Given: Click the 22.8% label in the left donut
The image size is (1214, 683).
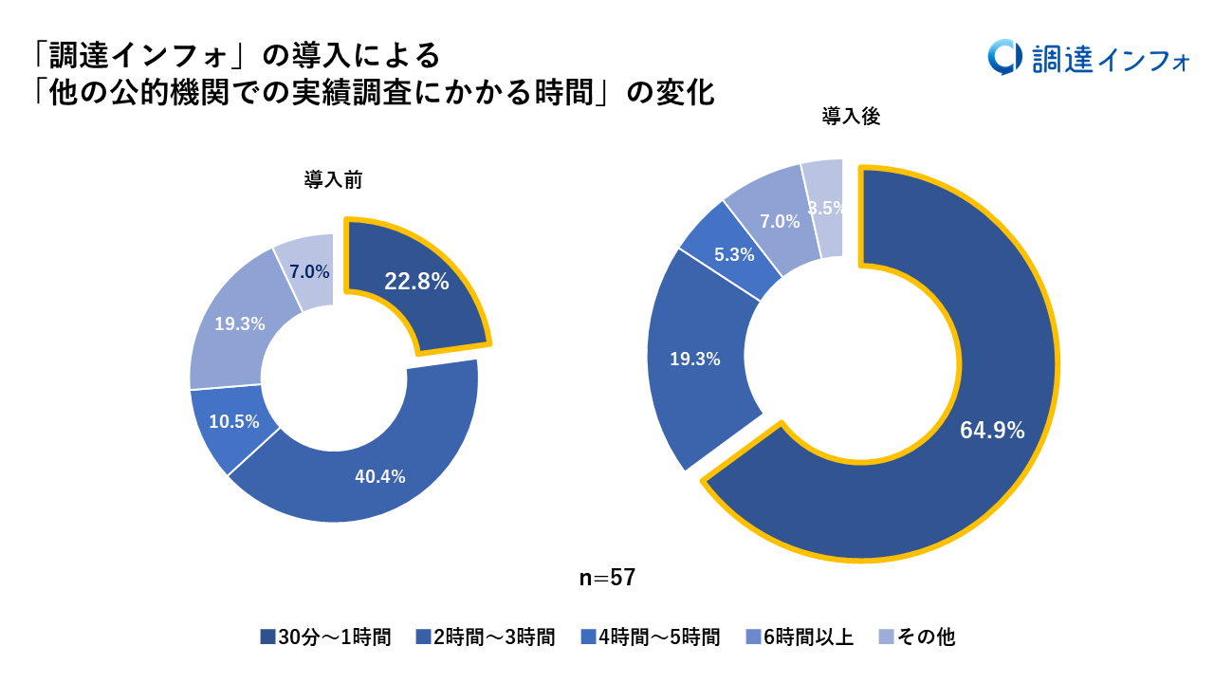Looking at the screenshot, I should [x=416, y=282].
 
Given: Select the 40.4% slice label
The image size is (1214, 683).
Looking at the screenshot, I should [x=379, y=476].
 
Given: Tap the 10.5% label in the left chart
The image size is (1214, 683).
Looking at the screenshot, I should [x=234, y=422].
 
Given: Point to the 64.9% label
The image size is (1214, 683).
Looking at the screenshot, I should [x=992, y=431].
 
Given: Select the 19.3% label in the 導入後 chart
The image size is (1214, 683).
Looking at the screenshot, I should [x=695, y=360].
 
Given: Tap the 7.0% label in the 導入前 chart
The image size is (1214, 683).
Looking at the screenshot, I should [x=310, y=272].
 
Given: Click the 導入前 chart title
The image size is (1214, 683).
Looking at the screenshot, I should [x=333, y=180].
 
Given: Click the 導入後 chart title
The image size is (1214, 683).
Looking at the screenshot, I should [x=852, y=118].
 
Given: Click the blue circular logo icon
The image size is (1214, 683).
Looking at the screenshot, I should [x=1003, y=58].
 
